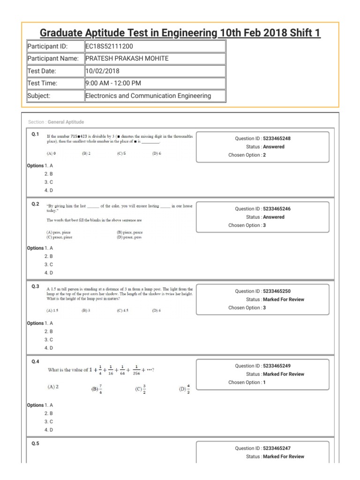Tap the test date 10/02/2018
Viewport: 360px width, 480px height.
click(103, 71)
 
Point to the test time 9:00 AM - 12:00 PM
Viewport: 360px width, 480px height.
click(113, 83)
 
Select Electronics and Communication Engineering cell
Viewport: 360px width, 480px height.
click(148, 96)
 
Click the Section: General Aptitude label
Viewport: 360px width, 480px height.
click(56, 122)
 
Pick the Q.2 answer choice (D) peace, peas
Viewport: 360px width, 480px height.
click(129, 238)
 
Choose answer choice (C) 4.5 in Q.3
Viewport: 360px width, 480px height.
click(122, 310)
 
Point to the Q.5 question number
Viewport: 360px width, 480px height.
click(36, 444)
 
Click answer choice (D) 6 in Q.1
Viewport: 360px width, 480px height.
click(157, 153)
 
